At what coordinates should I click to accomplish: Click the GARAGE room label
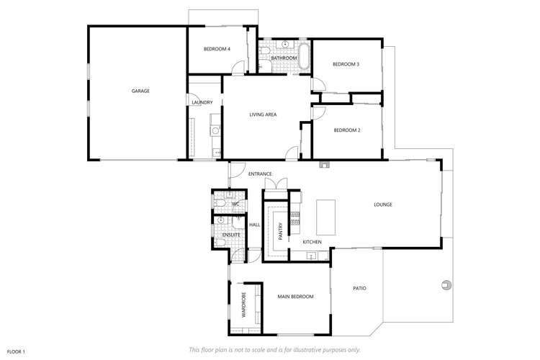point(140,91)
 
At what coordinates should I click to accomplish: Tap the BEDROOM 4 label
point(217,49)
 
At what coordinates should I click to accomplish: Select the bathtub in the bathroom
point(304,58)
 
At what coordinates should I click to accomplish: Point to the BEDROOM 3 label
point(346,65)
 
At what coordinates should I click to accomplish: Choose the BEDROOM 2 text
point(346,130)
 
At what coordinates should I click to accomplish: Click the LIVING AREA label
point(263,114)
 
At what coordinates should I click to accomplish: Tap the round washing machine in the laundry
point(215,130)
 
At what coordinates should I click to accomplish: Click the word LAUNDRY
point(202,102)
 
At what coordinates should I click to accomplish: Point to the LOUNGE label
point(382,204)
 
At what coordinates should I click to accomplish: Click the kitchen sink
point(313,254)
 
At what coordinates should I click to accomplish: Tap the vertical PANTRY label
point(280,230)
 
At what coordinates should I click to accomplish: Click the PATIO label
point(359,289)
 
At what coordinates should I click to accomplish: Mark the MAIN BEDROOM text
point(295,297)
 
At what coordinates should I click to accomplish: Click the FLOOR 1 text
point(15,351)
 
